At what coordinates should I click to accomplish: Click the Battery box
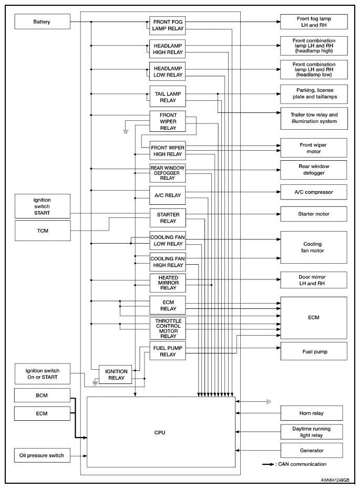[x=42, y=22]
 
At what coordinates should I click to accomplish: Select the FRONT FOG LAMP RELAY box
[x=167, y=26]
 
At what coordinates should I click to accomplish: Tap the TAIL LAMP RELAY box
[x=167, y=97]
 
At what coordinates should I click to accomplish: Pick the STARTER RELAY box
[x=168, y=218]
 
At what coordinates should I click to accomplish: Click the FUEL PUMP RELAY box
[x=167, y=352]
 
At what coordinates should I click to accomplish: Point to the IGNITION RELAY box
[x=116, y=374]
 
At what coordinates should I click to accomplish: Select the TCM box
[x=42, y=231]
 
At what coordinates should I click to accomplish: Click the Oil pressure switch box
[x=42, y=455]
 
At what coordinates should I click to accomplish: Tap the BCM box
[x=42, y=395]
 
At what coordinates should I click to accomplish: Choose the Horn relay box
[x=312, y=413]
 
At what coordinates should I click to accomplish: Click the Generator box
[x=312, y=450]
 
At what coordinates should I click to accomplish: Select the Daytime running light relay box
[x=312, y=432]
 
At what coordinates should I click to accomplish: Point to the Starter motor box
[x=313, y=214]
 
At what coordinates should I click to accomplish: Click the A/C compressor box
[x=313, y=192]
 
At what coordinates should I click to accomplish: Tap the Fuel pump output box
[x=313, y=351]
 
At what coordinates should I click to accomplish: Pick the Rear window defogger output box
[x=313, y=170]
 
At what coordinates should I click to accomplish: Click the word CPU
[x=160, y=432]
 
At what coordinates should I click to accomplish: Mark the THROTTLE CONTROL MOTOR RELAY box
[x=168, y=328]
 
